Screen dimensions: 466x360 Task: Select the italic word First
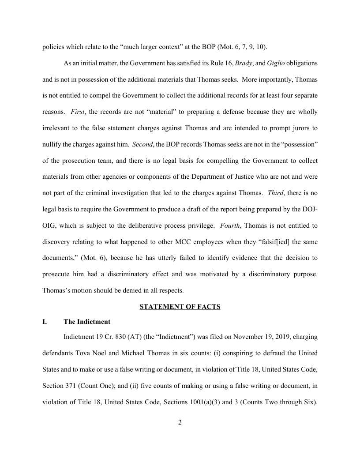click(x=78, y=112)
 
